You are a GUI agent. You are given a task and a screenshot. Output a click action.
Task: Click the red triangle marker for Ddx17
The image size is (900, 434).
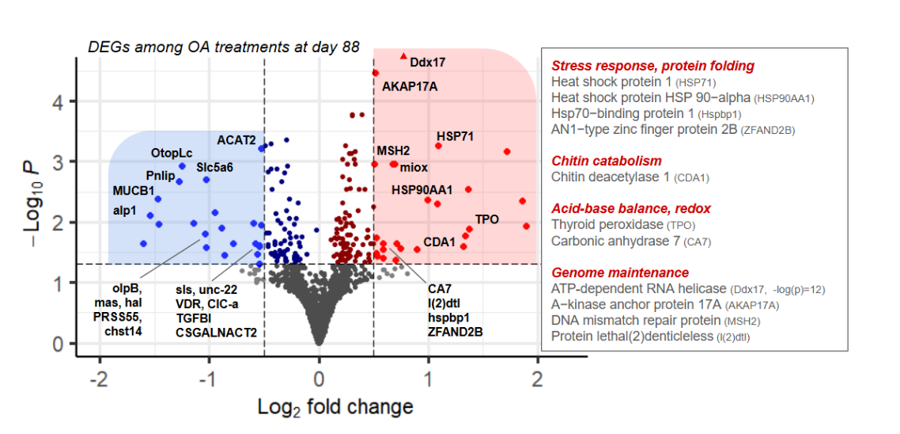pos(404,56)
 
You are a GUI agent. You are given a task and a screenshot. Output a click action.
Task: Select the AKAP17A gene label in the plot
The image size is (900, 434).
pos(410,85)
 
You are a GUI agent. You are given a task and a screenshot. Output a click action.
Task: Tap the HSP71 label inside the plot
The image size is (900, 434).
pos(455,136)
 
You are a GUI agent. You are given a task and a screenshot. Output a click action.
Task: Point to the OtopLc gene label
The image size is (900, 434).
pos(172,152)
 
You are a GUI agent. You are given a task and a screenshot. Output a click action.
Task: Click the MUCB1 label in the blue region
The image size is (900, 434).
pos(134,191)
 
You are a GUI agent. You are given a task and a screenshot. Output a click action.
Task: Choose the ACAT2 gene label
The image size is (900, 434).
pos(236,140)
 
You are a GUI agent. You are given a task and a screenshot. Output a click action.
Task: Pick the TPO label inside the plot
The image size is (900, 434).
pos(486,219)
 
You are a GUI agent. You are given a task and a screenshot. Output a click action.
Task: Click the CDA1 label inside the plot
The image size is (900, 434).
pos(439,242)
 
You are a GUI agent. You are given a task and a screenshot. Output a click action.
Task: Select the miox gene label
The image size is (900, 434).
pos(414,167)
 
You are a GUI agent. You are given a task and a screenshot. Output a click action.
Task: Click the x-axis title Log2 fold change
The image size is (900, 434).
pos(335,407)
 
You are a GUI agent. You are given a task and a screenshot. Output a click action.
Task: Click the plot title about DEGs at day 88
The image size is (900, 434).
pos(224,47)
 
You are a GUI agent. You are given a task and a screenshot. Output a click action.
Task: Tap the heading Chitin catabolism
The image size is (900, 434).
pos(606,161)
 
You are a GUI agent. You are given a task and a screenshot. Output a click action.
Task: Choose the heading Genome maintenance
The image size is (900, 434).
pos(619,272)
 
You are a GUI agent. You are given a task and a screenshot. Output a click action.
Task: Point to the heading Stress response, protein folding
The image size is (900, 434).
pos(652,66)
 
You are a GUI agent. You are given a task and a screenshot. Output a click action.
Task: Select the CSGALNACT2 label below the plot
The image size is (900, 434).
pos(216,333)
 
